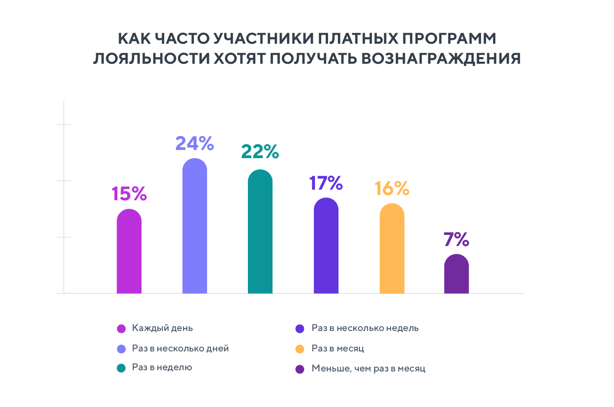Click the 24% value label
195,143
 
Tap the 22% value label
260,152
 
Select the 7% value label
457,239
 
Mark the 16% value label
392,188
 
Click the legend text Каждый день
162,328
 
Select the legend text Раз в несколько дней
180,349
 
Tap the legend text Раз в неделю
162,367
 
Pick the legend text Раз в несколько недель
365,328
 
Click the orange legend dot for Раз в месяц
300,349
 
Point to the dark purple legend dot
300,369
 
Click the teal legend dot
121,368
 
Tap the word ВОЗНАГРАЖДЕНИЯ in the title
441,58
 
